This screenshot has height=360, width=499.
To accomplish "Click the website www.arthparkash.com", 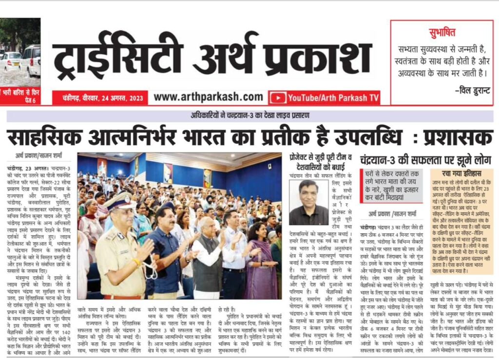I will (208, 97).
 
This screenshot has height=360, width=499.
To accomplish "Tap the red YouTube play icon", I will (277, 98).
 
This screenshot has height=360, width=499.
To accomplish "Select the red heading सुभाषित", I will (442, 33).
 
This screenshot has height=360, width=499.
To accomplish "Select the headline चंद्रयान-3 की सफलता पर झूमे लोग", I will (425, 160).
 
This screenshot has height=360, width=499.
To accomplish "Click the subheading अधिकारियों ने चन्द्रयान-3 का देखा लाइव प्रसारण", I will (249, 115).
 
